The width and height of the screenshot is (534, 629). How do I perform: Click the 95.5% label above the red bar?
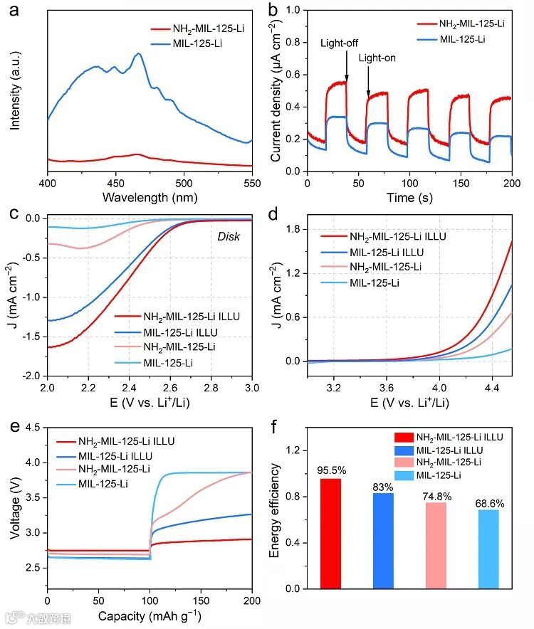click(x=330, y=470)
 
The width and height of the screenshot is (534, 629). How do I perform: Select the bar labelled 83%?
click(x=383, y=541)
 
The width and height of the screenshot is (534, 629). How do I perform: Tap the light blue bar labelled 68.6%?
click(x=488, y=549)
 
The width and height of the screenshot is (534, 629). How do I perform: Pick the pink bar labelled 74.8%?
click(x=436, y=545)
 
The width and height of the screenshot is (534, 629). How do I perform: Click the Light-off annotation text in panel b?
click(x=340, y=43)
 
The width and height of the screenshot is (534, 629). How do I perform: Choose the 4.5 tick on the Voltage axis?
click(x=33, y=428)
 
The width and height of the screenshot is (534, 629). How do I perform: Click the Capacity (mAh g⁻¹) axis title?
click(x=150, y=615)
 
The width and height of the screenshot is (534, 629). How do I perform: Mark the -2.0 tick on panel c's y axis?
click(x=31, y=376)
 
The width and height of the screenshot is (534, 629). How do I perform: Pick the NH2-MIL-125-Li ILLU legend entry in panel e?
click(x=123, y=441)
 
